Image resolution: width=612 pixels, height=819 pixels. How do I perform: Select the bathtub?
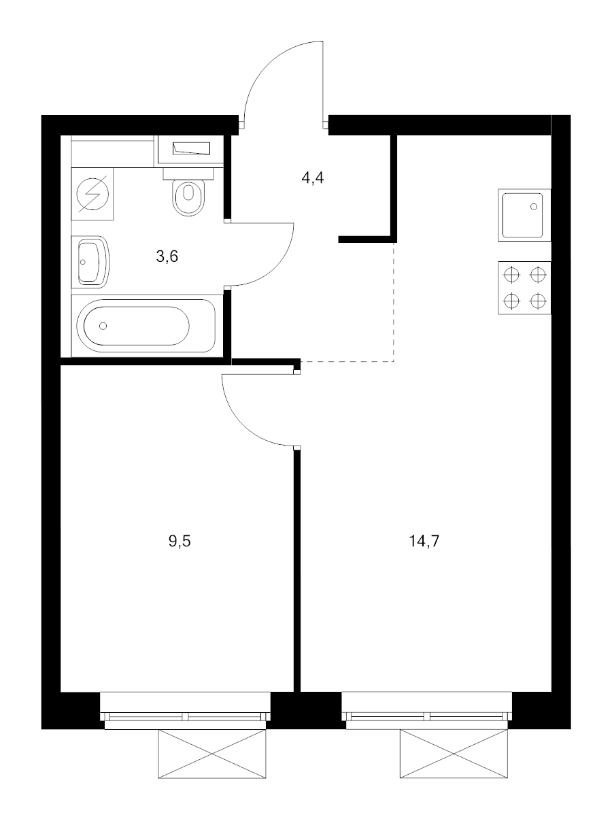pos(146,325)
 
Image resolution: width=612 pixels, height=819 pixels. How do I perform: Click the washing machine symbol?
pos(92,193)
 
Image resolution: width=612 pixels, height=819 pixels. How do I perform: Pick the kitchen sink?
pos(524,215)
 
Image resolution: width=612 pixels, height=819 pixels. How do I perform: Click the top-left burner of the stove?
pos(511,275)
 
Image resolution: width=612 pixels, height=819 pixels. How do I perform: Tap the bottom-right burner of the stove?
pos(538,300)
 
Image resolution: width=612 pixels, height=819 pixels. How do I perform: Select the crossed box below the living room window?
pos(454,754)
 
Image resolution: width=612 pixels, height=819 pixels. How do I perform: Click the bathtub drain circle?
pos(103,326)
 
